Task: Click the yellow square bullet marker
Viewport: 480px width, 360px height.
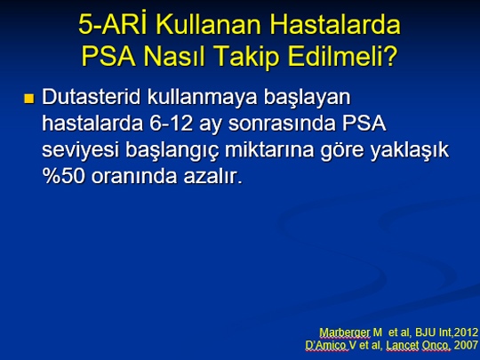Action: tap(29, 99)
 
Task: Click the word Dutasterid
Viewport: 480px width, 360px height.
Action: tap(92, 97)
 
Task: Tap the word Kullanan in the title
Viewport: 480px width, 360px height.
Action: tap(210, 25)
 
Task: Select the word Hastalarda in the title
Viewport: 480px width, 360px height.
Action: tap(335, 25)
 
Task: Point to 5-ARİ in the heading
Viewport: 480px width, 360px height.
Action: tap(115, 24)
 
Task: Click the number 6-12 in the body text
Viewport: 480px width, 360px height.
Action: tap(172, 124)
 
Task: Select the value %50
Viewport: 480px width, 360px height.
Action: tap(63, 176)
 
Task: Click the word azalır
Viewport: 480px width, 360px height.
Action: tap(212, 176)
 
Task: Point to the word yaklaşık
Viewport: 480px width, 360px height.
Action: tap(410, 151)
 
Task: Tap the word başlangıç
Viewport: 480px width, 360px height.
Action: tap(172, 151)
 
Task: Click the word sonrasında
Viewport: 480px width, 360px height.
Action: tap(282, 124)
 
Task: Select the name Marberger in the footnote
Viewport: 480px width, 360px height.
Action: tap(345, 332)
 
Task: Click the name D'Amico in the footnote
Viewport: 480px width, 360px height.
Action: tap(327, 346)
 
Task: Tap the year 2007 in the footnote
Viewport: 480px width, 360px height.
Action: tap(467, 345)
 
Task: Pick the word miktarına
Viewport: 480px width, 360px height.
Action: tap(269, 150)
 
